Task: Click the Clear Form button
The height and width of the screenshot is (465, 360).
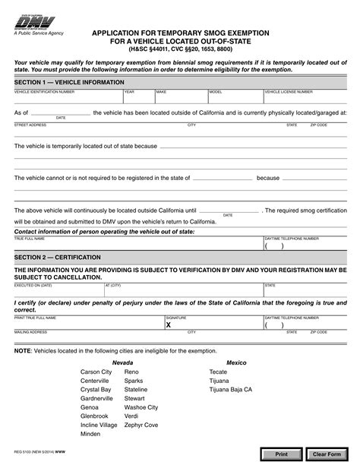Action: [327, 454]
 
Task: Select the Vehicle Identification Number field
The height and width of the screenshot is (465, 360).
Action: [68, 98]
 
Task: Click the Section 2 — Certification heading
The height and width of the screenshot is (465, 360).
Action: [55, 258]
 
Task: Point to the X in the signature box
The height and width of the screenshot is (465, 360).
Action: [169, 324]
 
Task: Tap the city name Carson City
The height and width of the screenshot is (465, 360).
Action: [96, 372]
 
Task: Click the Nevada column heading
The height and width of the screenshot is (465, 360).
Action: [122, 362]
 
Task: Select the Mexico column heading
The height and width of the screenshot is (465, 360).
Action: [236, 362]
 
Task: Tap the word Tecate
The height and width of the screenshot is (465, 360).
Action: [218, 372]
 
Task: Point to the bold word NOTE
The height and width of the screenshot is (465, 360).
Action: [24, 351]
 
